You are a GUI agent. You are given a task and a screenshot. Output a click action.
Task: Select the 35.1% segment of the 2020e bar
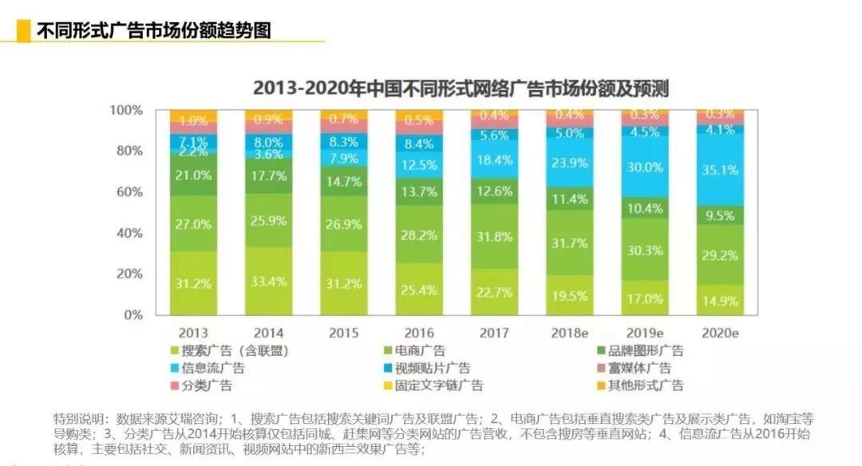tap(721, 169)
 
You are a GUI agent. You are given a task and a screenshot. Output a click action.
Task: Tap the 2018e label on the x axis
tap(569, 333)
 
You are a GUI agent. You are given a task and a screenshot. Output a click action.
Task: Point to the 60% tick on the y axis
tap(128, 192)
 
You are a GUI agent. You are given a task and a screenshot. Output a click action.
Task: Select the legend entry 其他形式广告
tap(650, 385)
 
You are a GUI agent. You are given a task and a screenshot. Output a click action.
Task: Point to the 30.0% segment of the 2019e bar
tap(645, 168)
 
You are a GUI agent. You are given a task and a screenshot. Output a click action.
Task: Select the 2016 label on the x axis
tap(420, 333)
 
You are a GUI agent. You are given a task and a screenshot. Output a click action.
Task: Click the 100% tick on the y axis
tap(125, 110)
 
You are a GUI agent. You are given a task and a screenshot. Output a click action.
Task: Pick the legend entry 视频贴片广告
tap(434, 368)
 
